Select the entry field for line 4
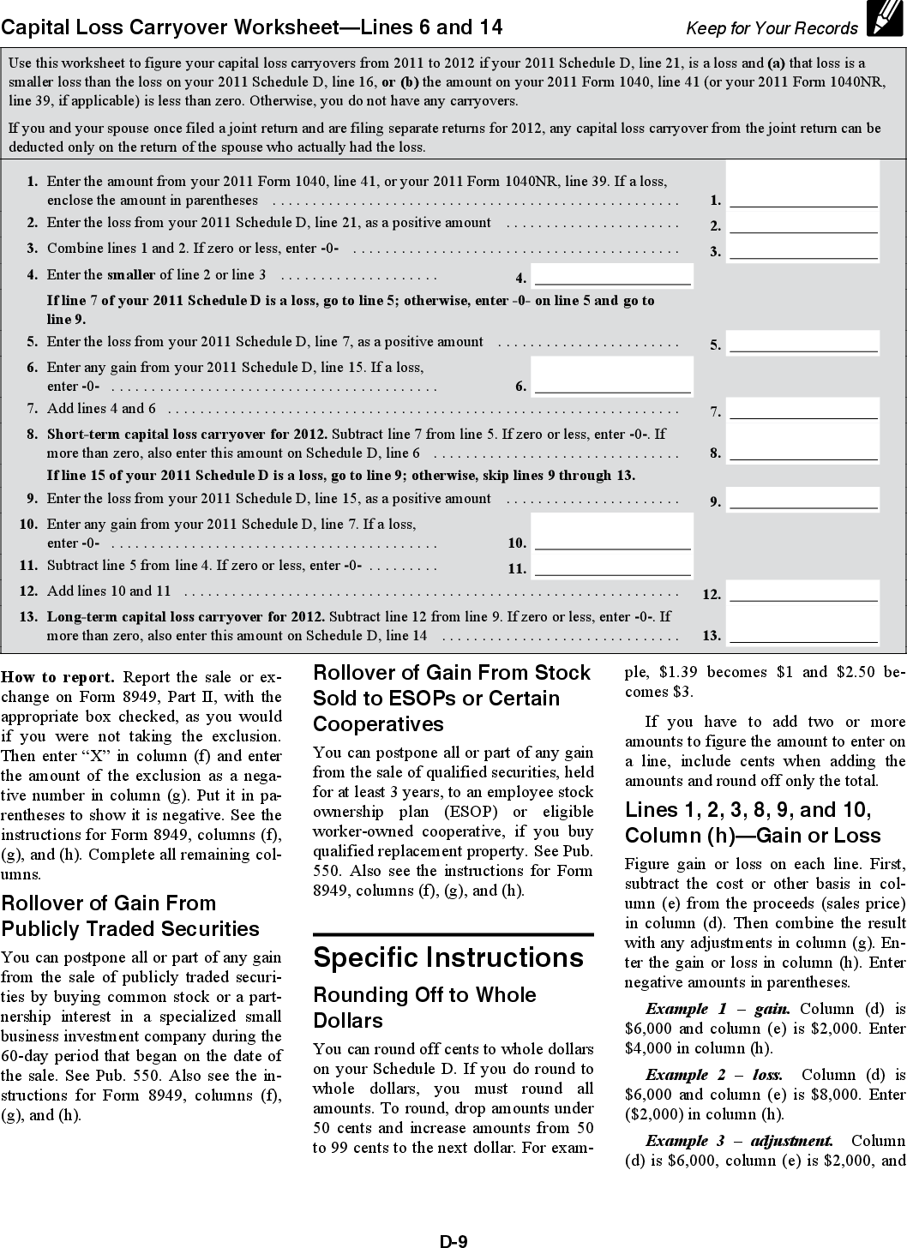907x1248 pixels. pos(612,275)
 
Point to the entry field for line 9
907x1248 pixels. pos(803,498)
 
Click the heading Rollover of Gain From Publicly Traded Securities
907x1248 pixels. pos(130,915)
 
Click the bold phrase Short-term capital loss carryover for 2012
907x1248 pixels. pos(187,434)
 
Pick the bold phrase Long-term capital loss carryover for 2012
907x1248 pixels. pos(186,616)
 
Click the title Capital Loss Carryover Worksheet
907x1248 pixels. pos(251,27)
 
